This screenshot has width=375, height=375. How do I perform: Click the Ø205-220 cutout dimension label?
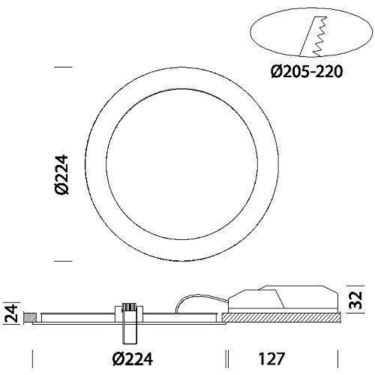click(307, 71)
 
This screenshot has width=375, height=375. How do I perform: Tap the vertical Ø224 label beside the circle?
click(61, 174)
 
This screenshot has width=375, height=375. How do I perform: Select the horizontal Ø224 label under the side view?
click(133, 359)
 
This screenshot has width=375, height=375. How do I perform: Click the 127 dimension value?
click(271, 359)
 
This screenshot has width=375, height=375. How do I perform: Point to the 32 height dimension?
click(355, 300)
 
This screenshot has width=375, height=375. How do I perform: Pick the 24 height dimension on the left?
click(12, 313)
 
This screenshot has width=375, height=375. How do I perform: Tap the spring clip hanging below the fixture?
click(130, 324)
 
